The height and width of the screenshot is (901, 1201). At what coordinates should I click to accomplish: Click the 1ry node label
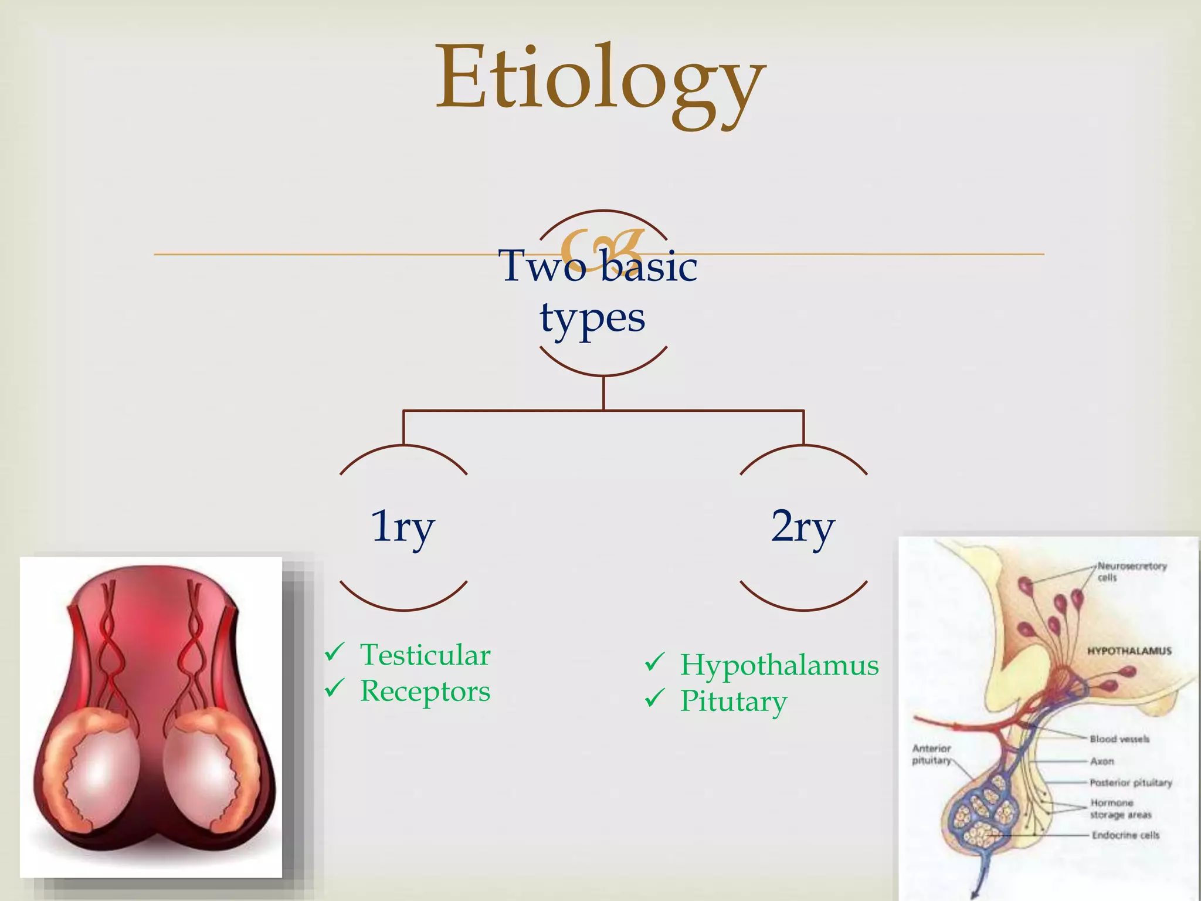pyautogui.click(x=403, y=526)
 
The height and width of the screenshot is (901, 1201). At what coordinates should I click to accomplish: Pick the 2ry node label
pyautogui.click(x=803, y=526)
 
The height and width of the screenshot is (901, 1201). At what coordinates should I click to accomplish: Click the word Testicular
pyautogui.click(x=425, y=655)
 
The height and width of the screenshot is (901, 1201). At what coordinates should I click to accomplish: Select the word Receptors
pyautogui.click(x=425, y=691)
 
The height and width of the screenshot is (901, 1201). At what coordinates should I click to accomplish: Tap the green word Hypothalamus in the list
pyautogui.click(x=779, y=666)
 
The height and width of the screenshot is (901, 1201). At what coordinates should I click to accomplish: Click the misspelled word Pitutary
pyautogui.click(x=733, y=702)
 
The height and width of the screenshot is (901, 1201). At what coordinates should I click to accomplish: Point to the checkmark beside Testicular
pyautogui.click(x=334, y=652)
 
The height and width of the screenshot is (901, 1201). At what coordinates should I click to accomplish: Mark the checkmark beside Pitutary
pyautogui.click(x=654, y=698)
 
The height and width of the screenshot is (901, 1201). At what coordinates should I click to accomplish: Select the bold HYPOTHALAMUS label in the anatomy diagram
pyautogui.click(x=1129, y=651)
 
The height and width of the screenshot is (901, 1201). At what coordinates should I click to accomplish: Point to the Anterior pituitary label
pyautogui.click(x=931, y=754)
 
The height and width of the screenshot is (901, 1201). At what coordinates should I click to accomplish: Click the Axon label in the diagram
pyautogui.click(x=1101, y=761)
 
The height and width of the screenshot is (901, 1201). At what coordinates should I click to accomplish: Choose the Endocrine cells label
pyautogui.click(x=1125, y=835)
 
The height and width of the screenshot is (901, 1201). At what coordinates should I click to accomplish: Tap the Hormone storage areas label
pyautogui.click(x=1119, y=809)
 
